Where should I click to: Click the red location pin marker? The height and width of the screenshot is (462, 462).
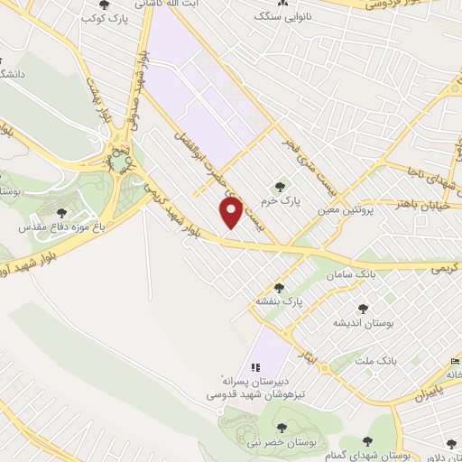[x=231, y=213]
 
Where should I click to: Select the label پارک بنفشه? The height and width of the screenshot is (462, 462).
[x=278, y=302]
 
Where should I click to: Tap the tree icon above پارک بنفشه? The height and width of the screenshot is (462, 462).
[x=278, y=288]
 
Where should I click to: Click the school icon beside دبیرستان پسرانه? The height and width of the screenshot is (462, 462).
[x=255, y=367]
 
